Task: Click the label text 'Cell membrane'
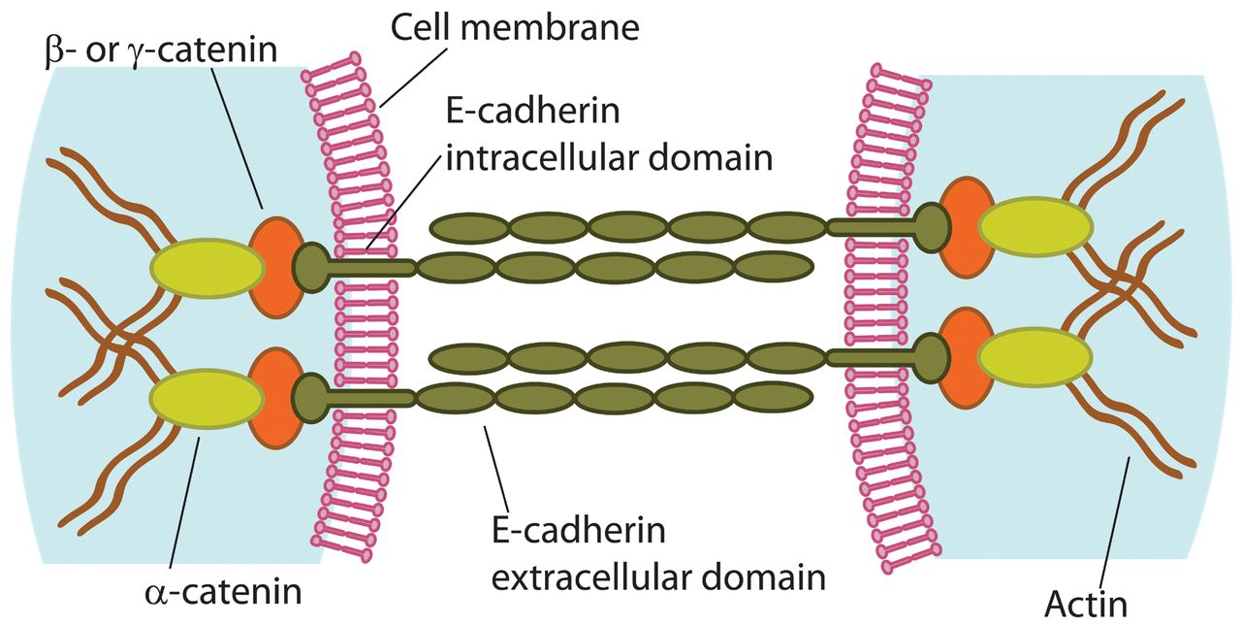coord(514,26)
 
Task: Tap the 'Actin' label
coord(1085,603)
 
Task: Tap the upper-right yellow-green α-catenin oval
coord(1034,227)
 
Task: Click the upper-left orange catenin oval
coord(275,267)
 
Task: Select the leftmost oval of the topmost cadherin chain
coord(468,228)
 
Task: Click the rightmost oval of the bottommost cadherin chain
coord(772,398)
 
